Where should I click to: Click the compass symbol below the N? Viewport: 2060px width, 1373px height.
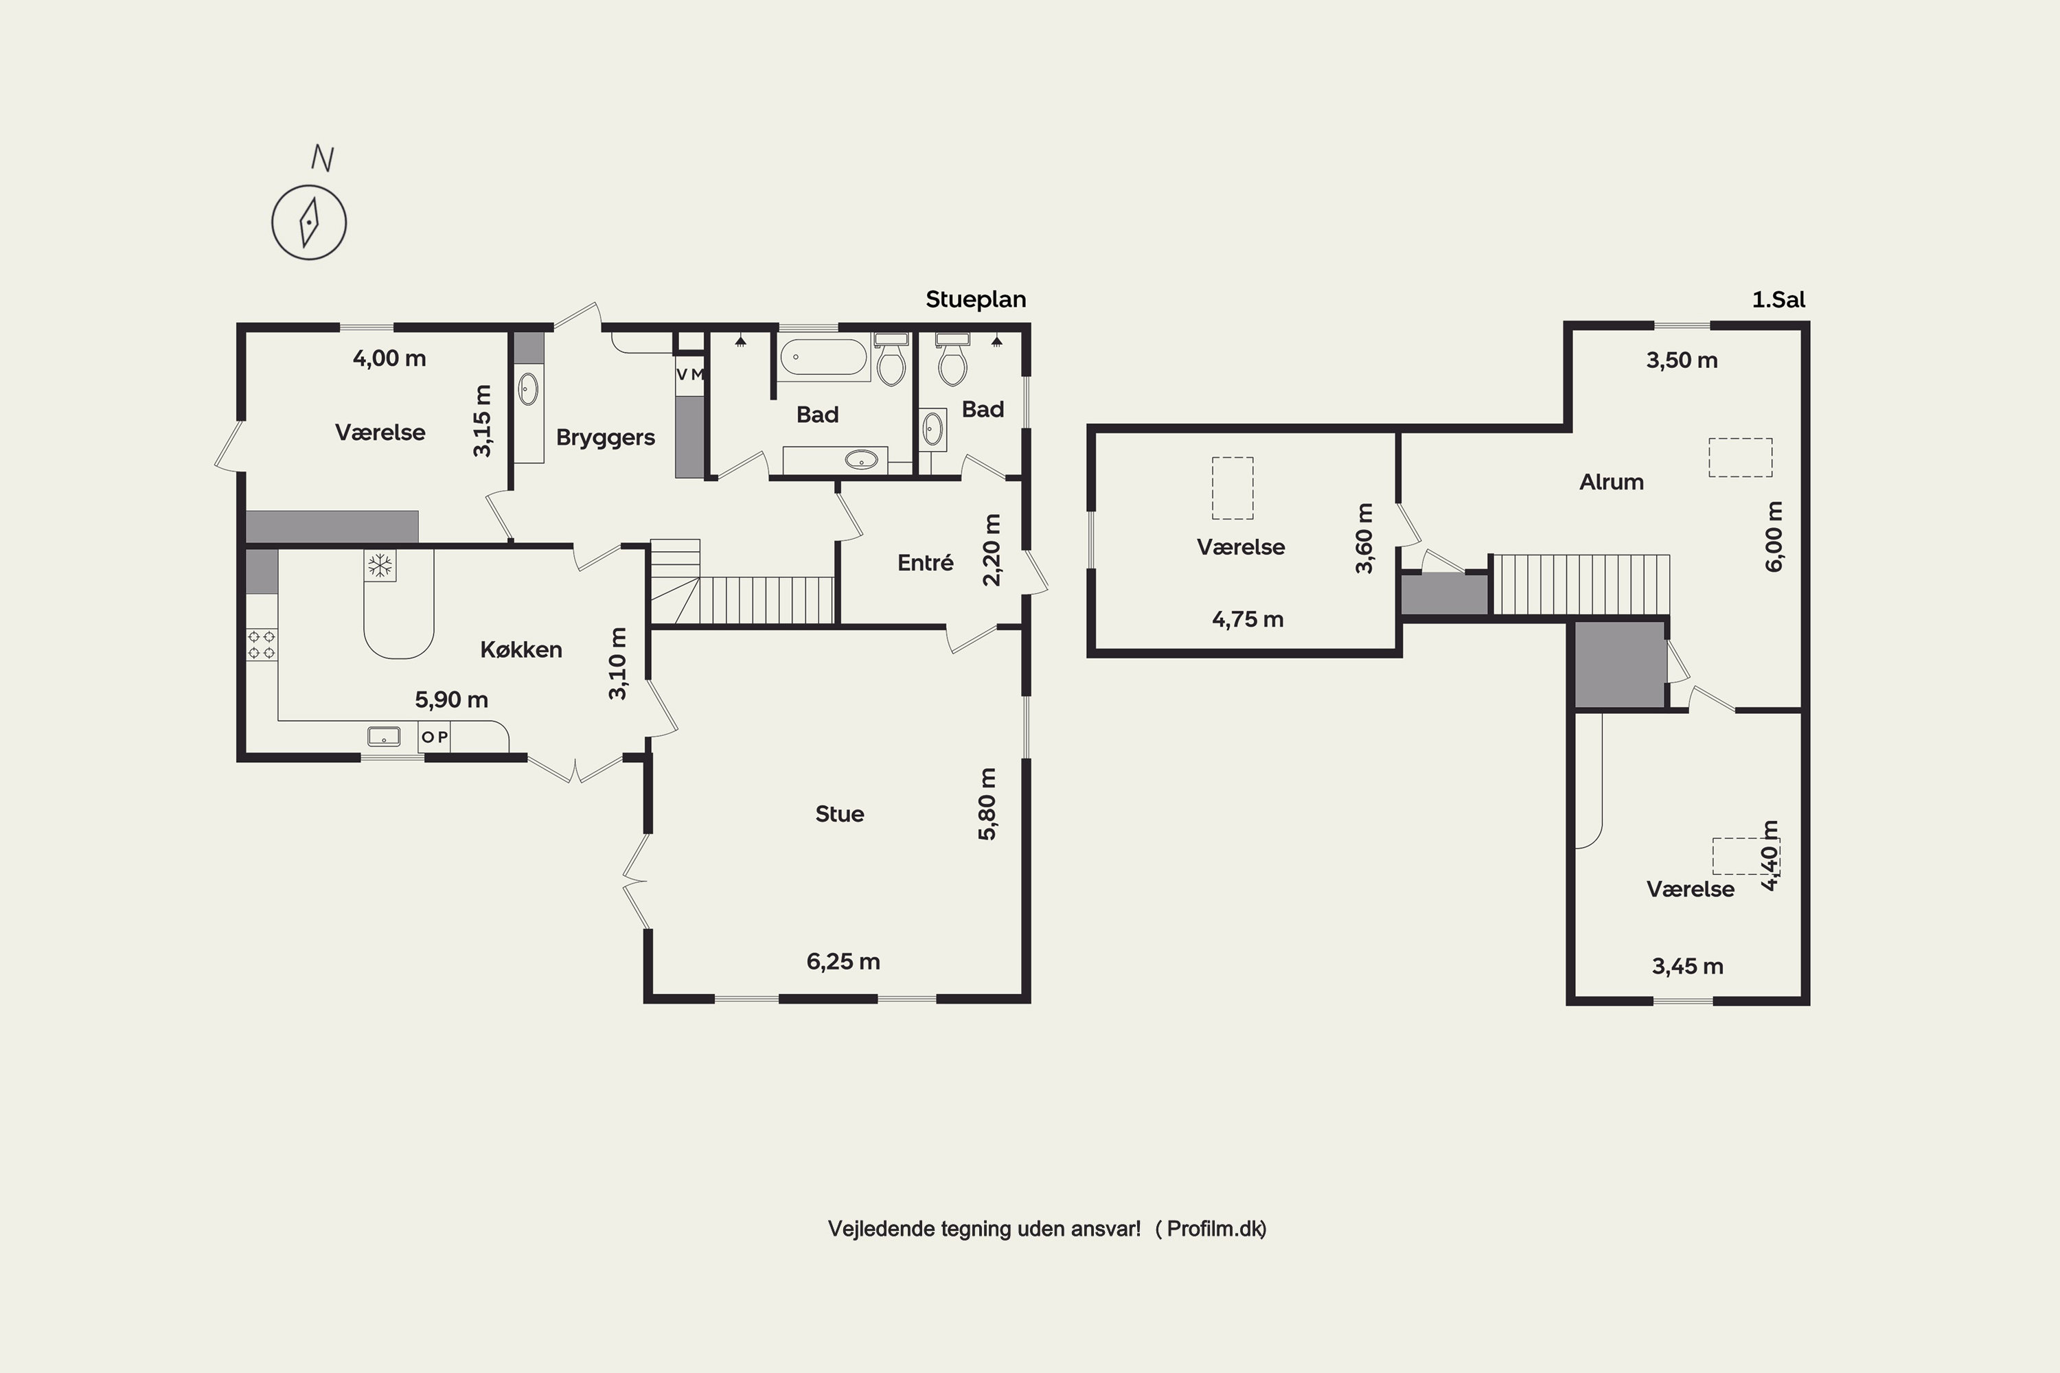(309, 222)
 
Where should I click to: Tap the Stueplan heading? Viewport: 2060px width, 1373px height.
(976, 299)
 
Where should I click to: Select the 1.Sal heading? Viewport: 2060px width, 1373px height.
(1778, 299)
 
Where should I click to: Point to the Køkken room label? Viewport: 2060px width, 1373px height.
(521, 649)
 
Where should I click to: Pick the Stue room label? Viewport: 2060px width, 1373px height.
(839, 814)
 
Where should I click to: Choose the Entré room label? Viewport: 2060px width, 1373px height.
(925, 562)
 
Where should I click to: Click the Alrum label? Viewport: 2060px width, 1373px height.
(1611, 482)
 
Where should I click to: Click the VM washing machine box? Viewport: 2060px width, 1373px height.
(690, 374)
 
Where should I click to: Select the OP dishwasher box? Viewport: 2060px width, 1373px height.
(435, 737)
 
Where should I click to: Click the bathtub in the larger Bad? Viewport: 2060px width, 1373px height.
(823, 357)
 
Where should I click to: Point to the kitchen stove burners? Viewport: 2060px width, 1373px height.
(262, 645)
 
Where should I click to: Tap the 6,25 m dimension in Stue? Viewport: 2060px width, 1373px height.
(843, 962)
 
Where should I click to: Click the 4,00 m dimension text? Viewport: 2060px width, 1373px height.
(389, 358)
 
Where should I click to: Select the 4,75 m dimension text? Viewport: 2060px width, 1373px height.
(1247, 620)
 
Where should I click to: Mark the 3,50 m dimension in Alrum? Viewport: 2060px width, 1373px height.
(1682, 360)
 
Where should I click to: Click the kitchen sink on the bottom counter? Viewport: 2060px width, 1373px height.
(384, 737)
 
